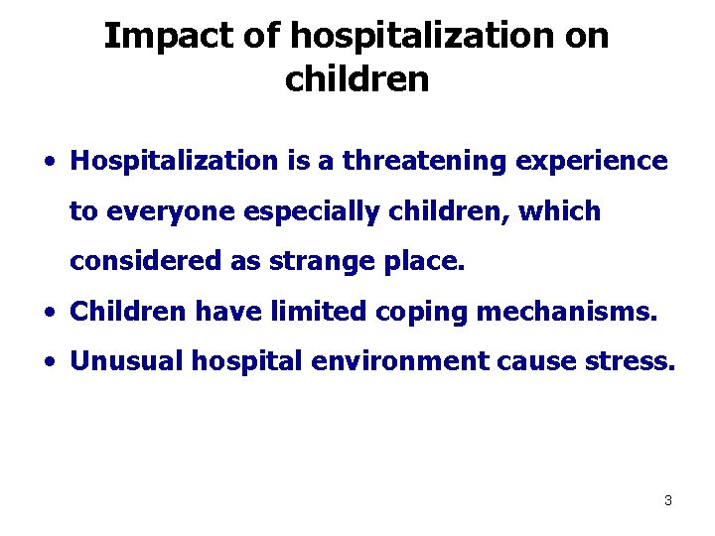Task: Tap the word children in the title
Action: point(357,79)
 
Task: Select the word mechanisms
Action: point(567,314)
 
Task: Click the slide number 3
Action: point(667,501)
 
